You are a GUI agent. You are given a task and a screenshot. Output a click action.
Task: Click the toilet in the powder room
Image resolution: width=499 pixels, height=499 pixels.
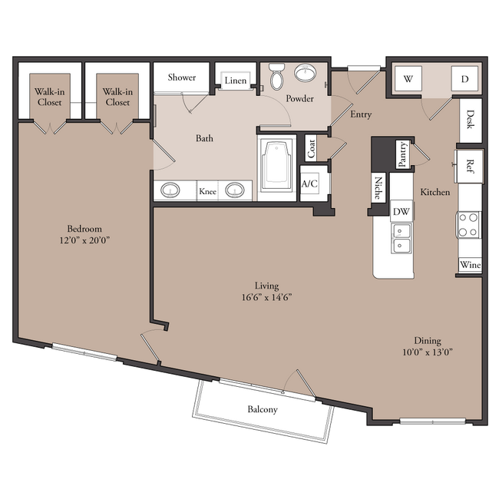click(276, 76)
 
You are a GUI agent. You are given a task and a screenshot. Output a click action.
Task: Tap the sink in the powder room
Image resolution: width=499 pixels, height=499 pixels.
click(306, 73)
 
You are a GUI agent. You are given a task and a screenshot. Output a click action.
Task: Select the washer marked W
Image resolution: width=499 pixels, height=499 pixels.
click(408, 79)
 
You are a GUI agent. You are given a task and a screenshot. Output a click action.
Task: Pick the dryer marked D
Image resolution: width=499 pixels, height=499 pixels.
click(464, 79)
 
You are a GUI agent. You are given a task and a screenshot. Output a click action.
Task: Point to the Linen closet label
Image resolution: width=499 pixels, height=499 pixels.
click(236, 81)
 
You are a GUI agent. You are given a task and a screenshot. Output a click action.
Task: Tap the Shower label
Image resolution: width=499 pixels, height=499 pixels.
click(182, 78)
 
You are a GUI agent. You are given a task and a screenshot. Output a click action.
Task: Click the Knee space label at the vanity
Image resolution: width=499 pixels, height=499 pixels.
click(208, 191)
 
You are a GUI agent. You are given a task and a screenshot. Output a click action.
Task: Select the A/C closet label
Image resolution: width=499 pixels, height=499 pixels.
click(309, 183)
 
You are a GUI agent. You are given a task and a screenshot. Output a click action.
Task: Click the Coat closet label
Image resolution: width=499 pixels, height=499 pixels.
click(311, 149)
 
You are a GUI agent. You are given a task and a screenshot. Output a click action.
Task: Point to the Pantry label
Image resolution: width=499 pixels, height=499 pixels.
click(403, 154)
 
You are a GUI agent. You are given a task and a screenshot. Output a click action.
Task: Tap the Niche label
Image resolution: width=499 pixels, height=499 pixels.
click(378, 188)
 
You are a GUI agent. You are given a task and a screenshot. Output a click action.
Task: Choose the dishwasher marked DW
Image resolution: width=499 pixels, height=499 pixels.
click(402, 211)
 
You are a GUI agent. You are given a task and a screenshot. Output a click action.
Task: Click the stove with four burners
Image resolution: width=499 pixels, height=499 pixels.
click(469, 225)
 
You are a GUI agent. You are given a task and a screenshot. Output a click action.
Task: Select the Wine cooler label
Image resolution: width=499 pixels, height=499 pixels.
click(470, 265)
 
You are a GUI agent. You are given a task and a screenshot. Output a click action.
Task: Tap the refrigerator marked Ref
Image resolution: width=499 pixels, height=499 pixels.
click(470, 166)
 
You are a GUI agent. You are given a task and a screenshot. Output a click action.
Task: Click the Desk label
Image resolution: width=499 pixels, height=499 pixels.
click(471, 119)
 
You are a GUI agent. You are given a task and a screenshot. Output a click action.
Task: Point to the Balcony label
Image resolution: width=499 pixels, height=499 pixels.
click(263, 409)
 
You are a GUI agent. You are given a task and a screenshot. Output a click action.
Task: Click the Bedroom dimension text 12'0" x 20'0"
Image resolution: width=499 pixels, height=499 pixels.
click(84, 240)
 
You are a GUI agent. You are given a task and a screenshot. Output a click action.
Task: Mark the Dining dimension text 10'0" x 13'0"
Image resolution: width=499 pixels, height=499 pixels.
click(428, 352)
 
